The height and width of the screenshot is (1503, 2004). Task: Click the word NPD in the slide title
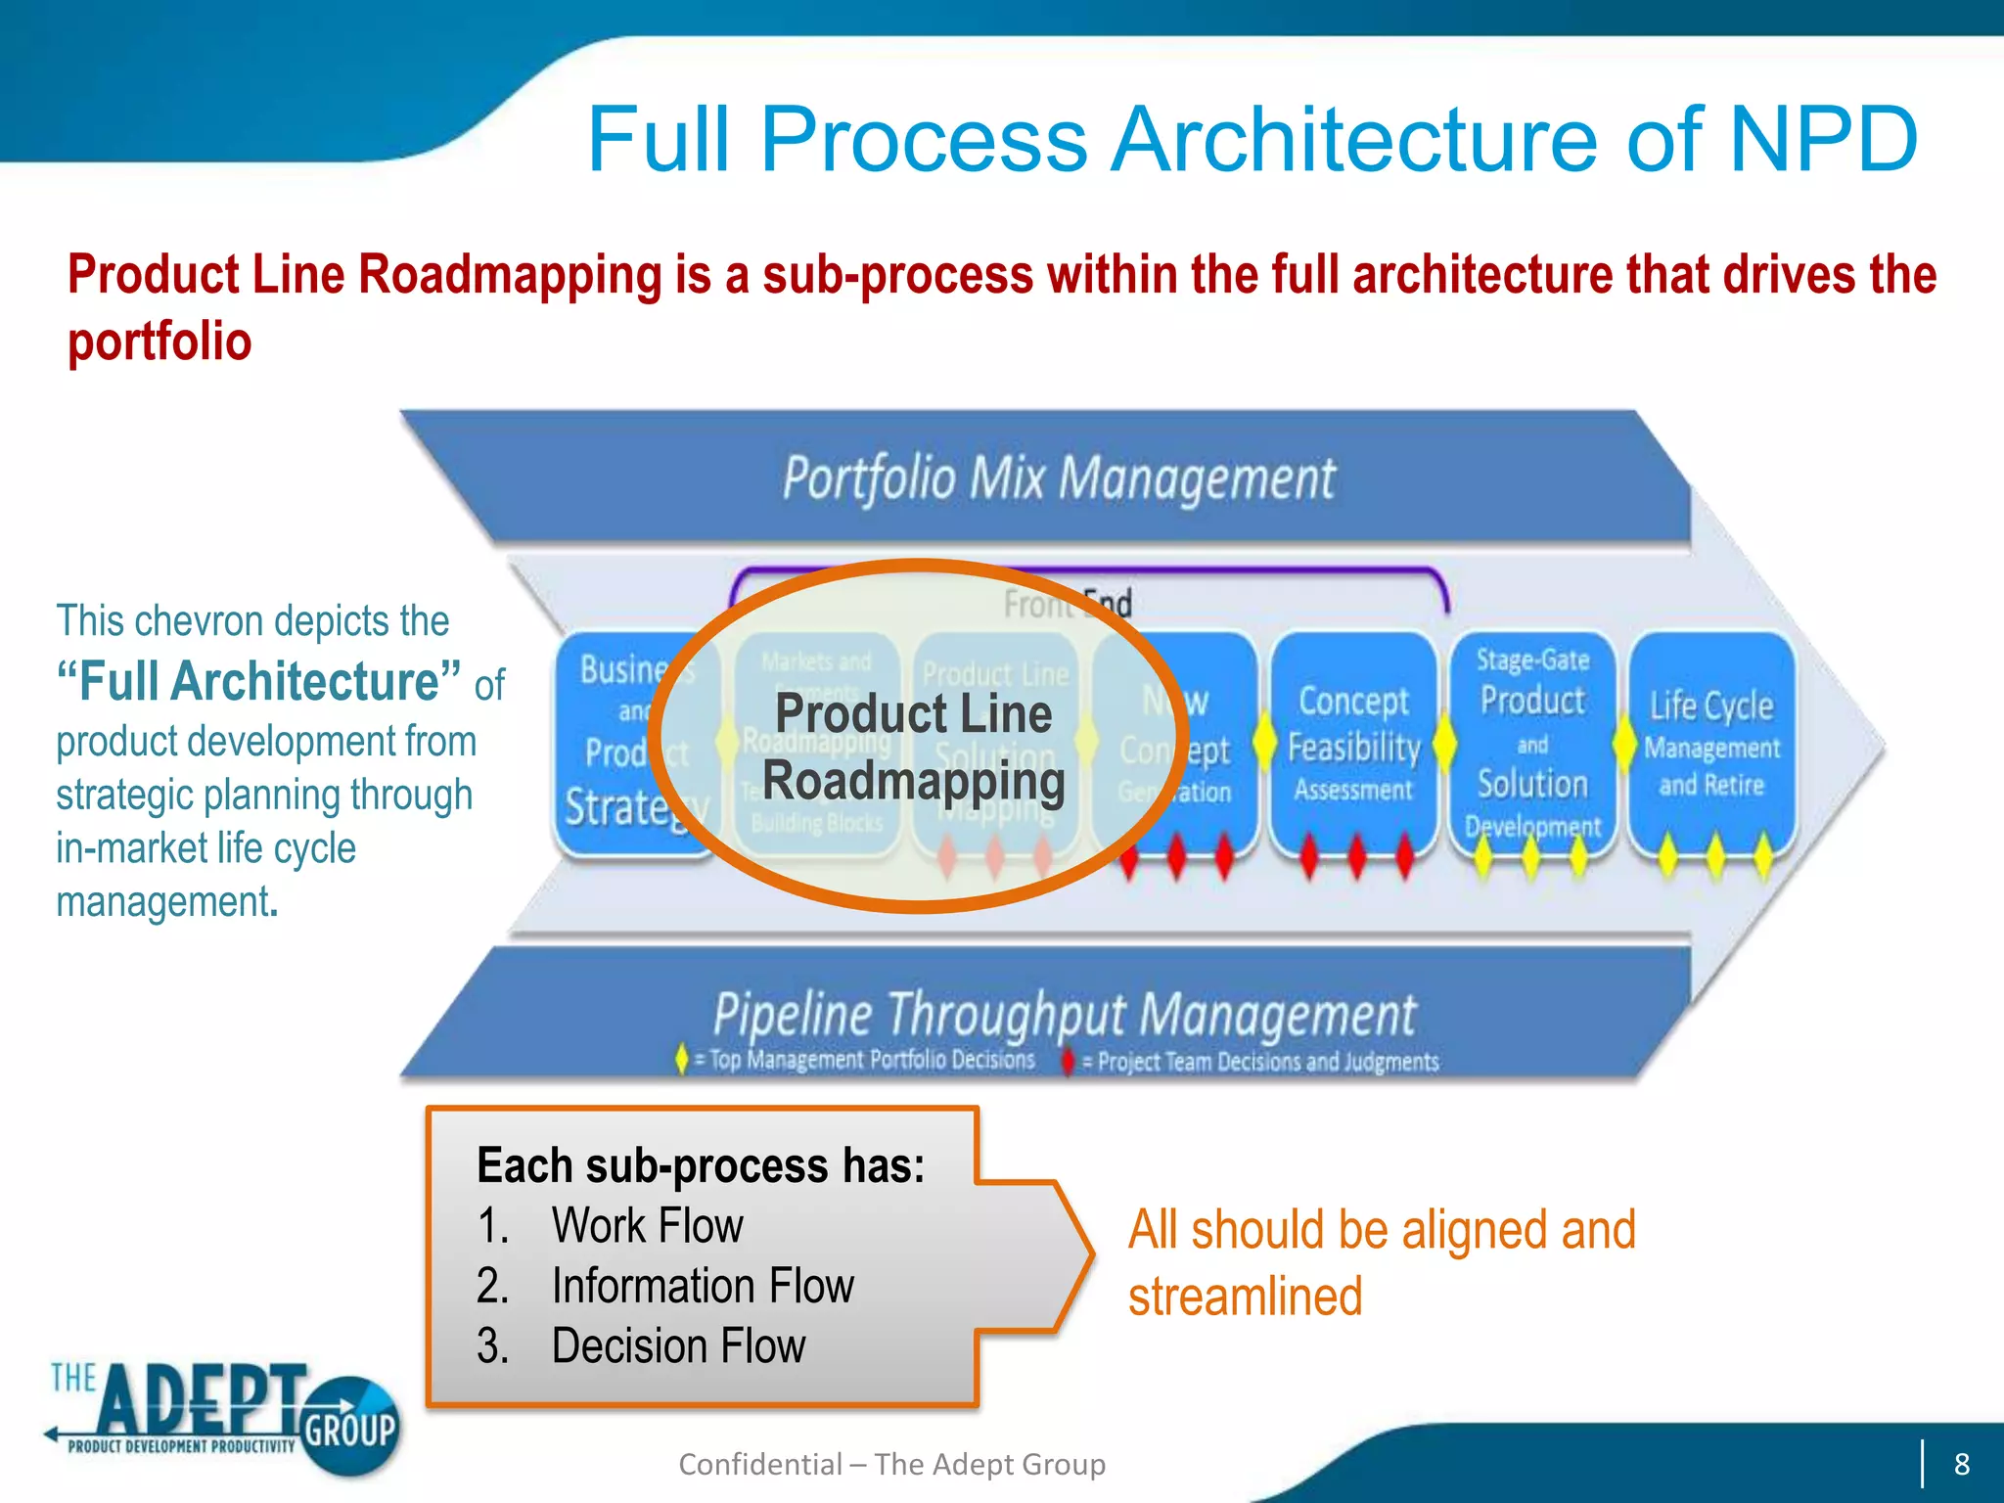click(1822, 139)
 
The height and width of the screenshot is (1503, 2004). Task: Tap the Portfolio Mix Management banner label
click(1059, 478)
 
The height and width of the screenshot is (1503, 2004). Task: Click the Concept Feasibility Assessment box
click(1353, 744)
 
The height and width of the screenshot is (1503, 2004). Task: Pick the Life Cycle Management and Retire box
click(1711, 744)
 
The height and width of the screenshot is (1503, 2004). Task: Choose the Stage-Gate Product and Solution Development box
click(1532, 744)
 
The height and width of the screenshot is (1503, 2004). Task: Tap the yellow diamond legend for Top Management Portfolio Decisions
click(682, 1060)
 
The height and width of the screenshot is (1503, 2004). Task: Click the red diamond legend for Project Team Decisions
click(1069, 1062)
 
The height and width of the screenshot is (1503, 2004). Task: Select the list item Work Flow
click(647, 1225)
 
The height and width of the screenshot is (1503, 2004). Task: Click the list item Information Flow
click(702, 1286)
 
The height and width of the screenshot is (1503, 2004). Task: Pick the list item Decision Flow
click(677, 1345)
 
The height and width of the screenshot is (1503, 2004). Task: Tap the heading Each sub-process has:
click(700, 1164)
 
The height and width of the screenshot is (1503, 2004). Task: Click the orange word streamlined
click(1245, 1297)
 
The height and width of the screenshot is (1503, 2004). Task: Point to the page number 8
click(1961, 1464)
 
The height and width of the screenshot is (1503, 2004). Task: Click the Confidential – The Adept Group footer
click(891, 1464)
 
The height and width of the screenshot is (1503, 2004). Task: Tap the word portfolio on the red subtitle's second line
click(159, 342)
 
